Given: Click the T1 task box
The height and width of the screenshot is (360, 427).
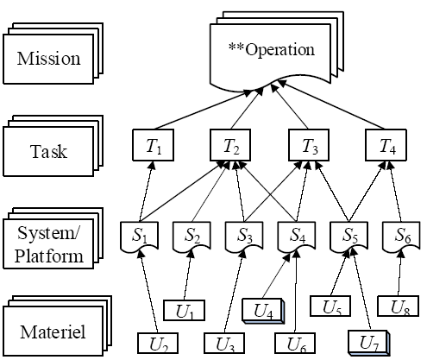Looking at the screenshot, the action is (x=153, y=145).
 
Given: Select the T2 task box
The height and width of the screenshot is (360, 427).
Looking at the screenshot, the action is (x=230, y=145).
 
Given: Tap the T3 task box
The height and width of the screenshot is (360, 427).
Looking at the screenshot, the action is (x=309, y=145).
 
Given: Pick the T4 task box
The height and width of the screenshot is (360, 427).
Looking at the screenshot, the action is (x=386, y=145).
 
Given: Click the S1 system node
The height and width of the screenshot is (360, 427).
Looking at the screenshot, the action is (x=139, y=236).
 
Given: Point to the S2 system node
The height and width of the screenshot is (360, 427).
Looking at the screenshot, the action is (x=192, y=236).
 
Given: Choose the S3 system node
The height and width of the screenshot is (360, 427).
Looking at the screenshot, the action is (x=244, y=236).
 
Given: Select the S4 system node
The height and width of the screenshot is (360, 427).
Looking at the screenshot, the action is (x=297, y=236).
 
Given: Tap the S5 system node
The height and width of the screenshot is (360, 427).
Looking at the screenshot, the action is (x=349, y=236).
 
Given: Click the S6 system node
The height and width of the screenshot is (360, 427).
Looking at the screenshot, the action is (x=401, y=236).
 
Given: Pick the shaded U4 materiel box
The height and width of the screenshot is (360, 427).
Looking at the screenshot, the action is (x=263, y=311).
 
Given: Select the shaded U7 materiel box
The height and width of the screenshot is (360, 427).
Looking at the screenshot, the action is (x=369, y=343).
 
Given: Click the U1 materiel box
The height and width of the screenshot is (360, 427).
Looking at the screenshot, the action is (x=184, y=310).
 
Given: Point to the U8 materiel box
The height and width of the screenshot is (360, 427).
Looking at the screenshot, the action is (x=398, y=306).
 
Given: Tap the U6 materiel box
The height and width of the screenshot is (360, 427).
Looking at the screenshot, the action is (x=295, y=343).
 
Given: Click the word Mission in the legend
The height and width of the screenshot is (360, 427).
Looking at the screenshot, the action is (x=48, y=59).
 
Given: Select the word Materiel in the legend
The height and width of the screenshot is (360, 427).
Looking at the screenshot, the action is (x=53, y=332).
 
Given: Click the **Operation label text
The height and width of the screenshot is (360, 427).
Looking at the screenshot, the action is (x=272, y=49).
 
